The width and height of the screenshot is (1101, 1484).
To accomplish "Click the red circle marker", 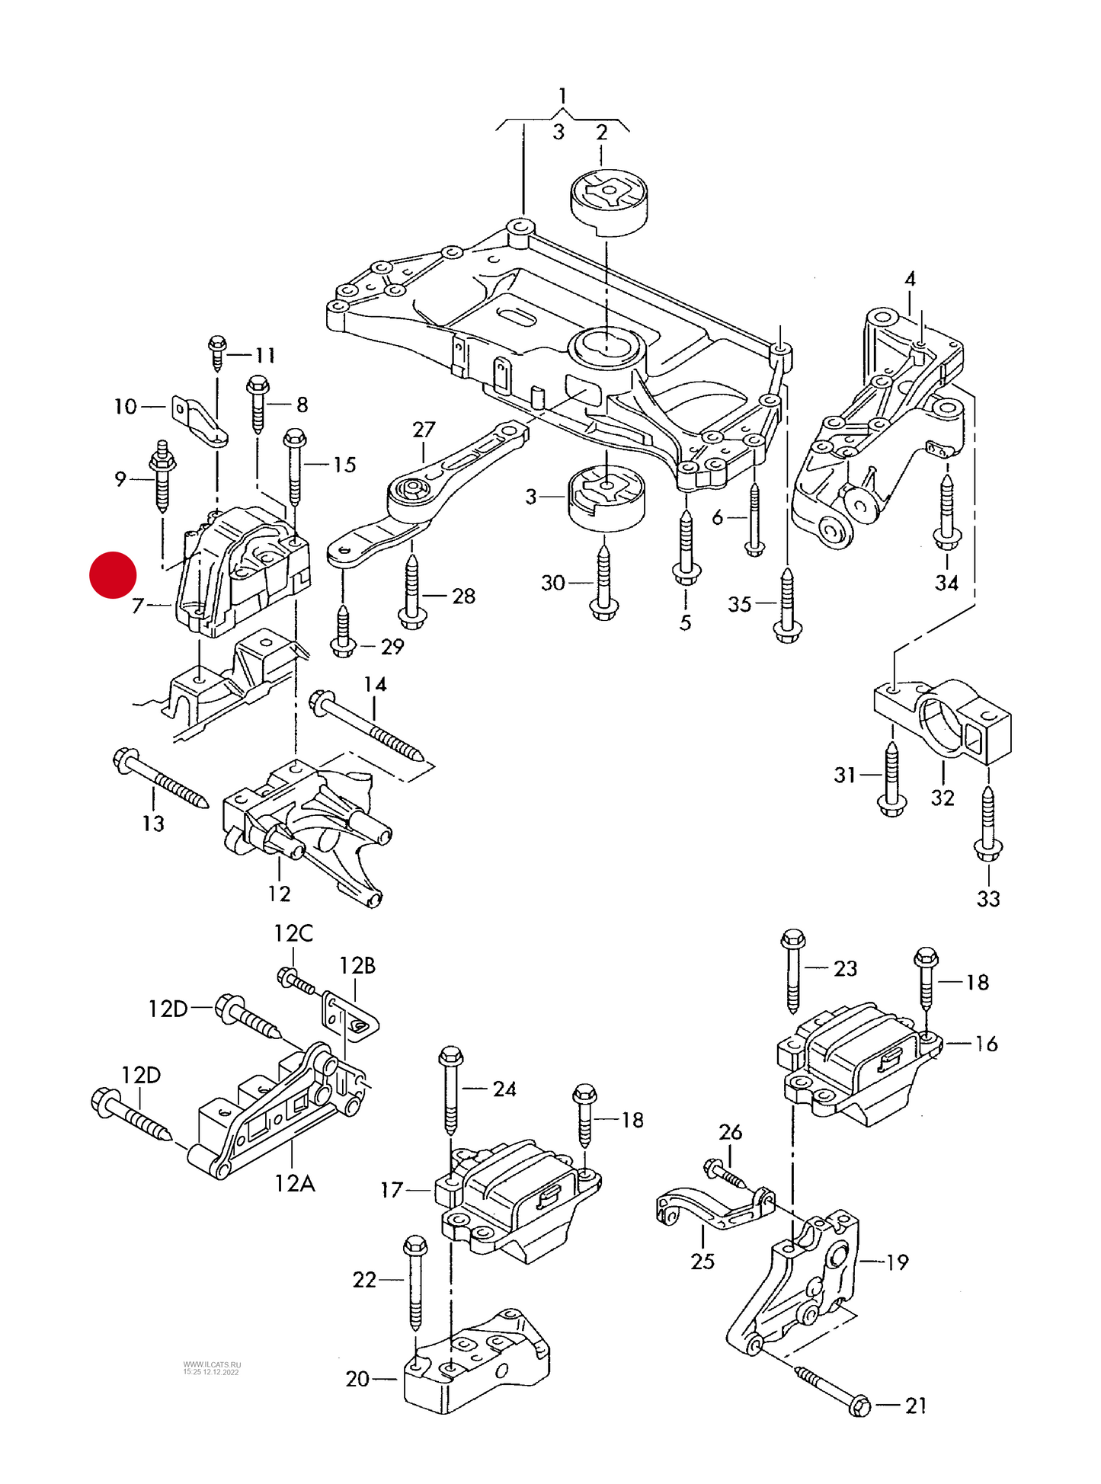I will pos(113,575).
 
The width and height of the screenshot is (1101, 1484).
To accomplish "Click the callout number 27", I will pos(424,430).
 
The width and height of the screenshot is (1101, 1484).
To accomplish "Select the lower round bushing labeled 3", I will pos(607,497).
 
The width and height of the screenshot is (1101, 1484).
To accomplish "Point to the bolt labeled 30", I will pos(604,585).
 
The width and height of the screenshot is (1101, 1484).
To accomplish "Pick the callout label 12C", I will pos(293,933).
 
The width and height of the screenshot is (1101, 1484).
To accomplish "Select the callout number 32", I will pos(943,798).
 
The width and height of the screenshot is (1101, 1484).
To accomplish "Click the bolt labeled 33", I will pos(988,825).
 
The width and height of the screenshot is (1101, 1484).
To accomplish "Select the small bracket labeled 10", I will pos(200,421).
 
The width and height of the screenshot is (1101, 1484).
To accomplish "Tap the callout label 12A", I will pos(295,1183).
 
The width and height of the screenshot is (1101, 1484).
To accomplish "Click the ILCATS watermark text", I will pos(211,1368).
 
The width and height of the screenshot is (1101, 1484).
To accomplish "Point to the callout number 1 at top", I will pos(562,96).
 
